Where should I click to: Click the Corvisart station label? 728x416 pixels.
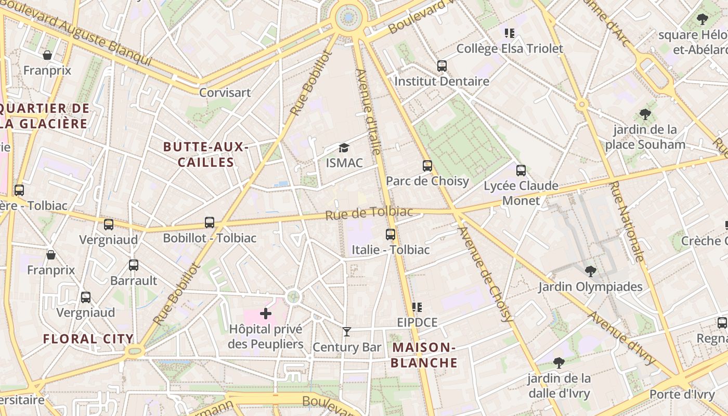tap(225, 93)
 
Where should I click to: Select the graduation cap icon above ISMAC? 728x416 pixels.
tap(344, 148)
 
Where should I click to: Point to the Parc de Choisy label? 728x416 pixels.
tap(427, 181)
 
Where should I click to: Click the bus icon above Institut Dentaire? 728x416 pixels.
tap(442, 66)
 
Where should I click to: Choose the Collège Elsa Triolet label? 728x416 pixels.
tap(510, 49)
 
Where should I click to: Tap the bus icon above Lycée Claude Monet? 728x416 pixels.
tap(521, 170)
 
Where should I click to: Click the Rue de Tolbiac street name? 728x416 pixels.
tap(369, 213)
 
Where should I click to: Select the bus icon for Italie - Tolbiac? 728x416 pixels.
tap(391, 235)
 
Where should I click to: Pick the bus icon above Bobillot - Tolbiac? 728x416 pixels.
tap(210, 223)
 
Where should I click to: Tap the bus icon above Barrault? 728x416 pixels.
tap(134, 265)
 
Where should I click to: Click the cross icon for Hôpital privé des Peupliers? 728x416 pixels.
tap(266, 314)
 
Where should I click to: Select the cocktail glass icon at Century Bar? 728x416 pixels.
tap(347, 332)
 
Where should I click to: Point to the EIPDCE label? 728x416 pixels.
tap(417, 322)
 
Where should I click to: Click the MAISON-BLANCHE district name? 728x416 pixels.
tap(424, 355)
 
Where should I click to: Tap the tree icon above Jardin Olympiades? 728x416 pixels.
tap(590, 271)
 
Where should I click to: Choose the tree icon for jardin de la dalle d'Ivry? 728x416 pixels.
tap(559, 362)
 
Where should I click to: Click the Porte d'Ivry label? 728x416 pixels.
tap(682, 394)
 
